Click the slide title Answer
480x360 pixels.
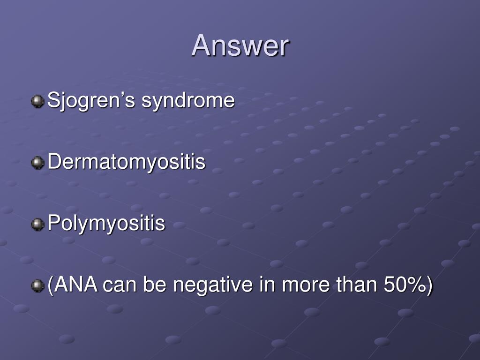tap(240, 46)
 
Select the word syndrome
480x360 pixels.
tap(188, 100)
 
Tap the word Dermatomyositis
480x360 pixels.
tap(127, 162)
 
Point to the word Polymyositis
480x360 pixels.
tap(106, 224)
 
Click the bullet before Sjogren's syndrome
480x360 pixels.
tap(37, 101)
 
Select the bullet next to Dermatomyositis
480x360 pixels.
tap(37, 163)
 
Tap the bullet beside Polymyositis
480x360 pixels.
tap(37, 224)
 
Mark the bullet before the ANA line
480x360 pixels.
tap(37, 285)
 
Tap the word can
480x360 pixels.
tap(119, 285)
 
